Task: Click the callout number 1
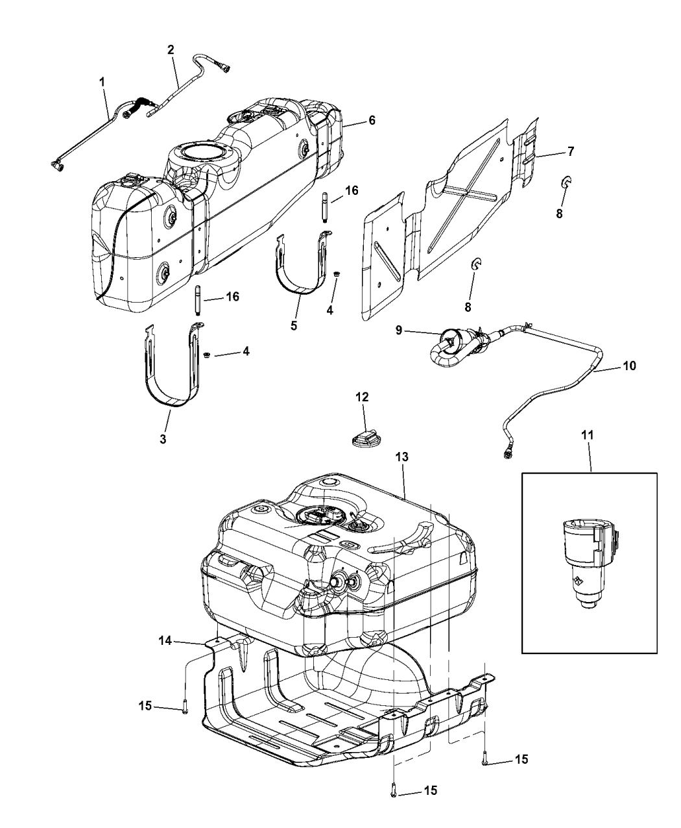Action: click(x=102, y=84)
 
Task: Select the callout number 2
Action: click(x=171, y=49)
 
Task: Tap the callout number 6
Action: click(x=372, y=120)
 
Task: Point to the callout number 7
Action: click(x=570, y=151)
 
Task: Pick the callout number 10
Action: click(x=629, y=366)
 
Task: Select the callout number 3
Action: click(x=163, y=440)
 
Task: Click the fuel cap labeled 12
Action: click(x=368, y=440)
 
